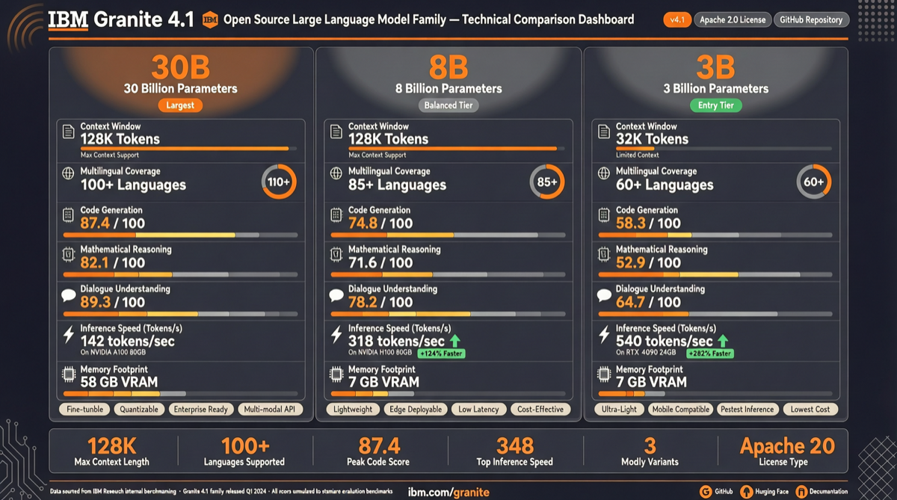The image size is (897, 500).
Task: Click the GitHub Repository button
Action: coord(811,19)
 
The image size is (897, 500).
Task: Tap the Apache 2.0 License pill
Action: coord(733,19)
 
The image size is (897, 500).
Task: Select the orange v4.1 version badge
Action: coord(677,19)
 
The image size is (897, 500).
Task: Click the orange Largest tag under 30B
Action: coord(180,105)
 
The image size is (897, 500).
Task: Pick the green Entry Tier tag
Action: coord(716,105)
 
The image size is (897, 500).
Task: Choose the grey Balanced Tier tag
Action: coord(449,105)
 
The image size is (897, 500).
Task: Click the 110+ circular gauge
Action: coord(279,182)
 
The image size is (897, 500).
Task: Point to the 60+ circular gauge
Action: coord(814,182)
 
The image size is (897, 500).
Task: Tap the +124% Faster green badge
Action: coord(441,354)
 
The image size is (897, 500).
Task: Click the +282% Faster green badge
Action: coord(709,354)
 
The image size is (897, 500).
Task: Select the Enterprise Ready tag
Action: coord(200,410)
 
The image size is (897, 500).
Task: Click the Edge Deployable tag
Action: coord(415,410)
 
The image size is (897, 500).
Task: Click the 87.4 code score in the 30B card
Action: coord(94,223)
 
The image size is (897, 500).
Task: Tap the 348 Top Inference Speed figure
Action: coord(515,446)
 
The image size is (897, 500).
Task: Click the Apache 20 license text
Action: coord(787,446)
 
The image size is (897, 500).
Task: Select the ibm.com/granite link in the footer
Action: coord(449,492)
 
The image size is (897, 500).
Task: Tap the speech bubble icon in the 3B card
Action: coord(604,296)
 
